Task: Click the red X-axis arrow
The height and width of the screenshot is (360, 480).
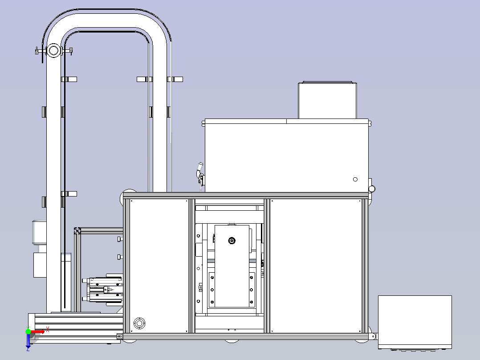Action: (x=37, y=332)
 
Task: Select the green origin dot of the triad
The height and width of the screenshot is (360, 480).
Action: (x=28, y=331)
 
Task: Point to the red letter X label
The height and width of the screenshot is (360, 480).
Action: (x=48, y=329)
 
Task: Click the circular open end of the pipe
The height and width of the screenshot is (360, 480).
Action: (x=53, y=50)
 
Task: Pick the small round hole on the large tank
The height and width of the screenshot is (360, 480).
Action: (x=355, y=179)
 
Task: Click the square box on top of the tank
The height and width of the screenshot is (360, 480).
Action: (x=328, y=100)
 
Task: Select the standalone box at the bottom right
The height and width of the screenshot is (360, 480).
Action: (x=415, y=322)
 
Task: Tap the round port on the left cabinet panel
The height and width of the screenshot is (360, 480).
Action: (x=140, y=323)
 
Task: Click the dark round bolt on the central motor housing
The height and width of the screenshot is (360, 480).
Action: (x=232, y=241)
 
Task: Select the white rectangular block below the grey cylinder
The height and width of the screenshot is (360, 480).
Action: (x=40, y=265)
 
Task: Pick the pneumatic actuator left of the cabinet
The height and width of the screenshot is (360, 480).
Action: (x=103, y=290)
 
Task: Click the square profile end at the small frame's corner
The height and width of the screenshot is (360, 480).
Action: (x=77, y=231)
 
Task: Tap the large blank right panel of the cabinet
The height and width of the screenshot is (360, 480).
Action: (x=316, y=266)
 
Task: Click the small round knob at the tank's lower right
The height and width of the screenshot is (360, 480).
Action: (x=372, y=189)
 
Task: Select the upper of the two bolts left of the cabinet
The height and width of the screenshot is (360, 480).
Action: (x=120, y=239)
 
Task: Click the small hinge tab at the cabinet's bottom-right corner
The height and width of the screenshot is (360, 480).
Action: (x=373, y=336)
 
